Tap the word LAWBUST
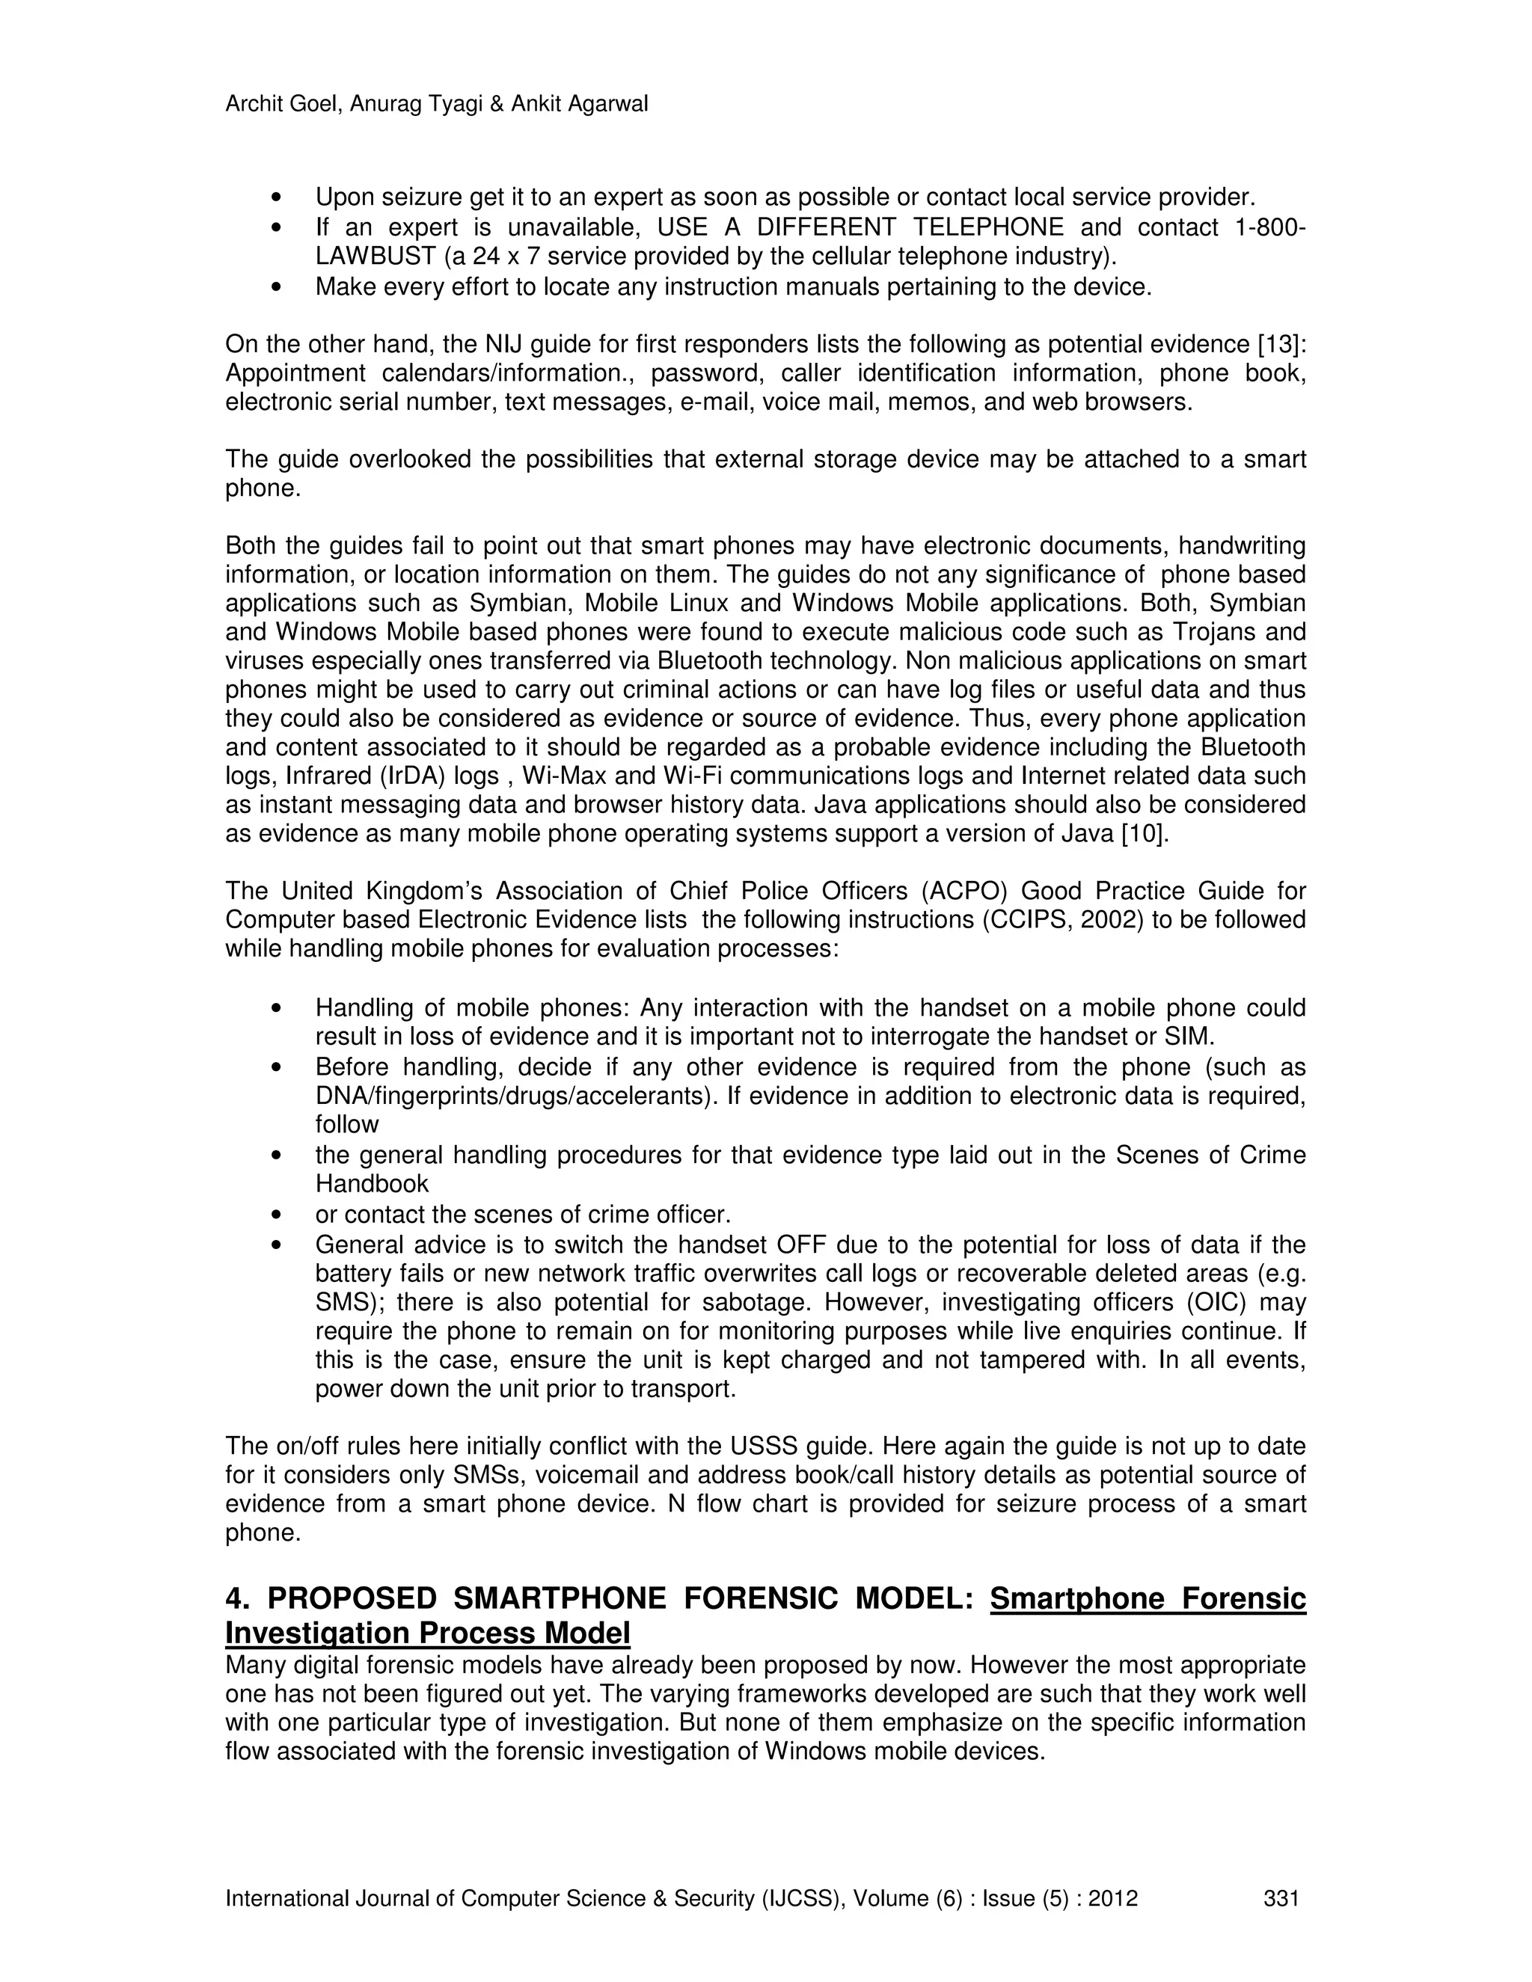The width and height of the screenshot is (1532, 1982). [375, 257]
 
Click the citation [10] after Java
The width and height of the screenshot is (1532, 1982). [1145, 833]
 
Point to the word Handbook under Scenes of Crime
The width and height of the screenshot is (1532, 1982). [371, 1183]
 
